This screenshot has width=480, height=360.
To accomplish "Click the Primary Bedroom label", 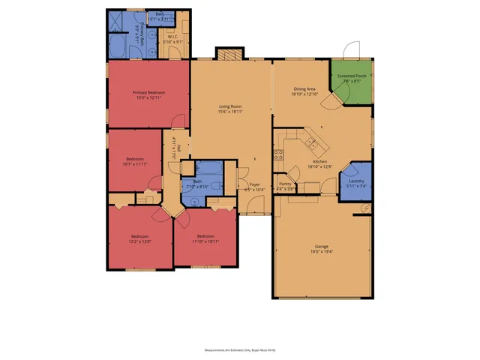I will [x=150, y=92].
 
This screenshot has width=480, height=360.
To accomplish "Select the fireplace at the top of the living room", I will [x=226, y=54].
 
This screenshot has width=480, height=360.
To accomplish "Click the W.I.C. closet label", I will [x=172, y=36].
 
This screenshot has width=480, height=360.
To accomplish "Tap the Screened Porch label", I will [x=352, y=76].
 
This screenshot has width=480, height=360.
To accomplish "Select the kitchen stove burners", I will [x=278, y=155].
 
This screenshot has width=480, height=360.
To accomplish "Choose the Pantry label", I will [x=285, y=184].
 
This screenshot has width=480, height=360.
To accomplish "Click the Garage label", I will [x=321, y=246].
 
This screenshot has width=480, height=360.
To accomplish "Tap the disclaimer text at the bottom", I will [x=240, y=349].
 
